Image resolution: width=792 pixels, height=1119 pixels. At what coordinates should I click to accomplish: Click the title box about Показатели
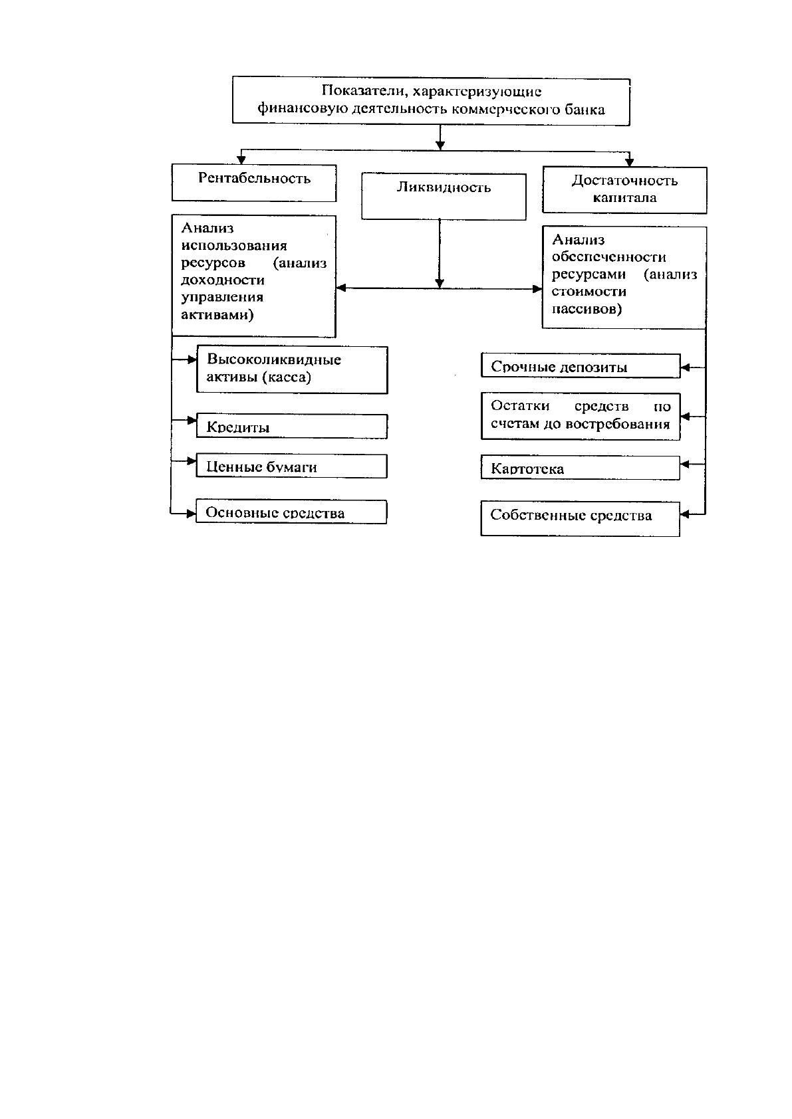coord(431,101)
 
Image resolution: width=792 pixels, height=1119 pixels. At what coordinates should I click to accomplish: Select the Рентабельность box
coord(254,183)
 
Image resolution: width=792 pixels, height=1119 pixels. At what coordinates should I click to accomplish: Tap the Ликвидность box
coord(444,196)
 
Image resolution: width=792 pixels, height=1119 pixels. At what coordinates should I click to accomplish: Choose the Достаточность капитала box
coord(624,190)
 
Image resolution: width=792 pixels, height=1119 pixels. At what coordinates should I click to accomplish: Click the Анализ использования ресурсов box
coord(253,276)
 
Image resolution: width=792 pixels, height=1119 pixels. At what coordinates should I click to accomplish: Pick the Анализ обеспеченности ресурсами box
coord(624,278)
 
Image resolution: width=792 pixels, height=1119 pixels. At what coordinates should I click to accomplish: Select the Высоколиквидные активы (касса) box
coord(292,369)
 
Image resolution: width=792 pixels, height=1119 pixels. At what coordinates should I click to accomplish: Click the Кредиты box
coord(292,426)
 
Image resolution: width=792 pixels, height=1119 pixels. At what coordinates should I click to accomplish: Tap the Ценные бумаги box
coord(291,466)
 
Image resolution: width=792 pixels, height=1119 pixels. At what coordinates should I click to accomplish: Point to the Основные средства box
coord(291,512)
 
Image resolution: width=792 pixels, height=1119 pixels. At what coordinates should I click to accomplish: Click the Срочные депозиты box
coord(581,365)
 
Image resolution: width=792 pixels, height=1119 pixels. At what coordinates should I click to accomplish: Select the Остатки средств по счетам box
coord(581,416)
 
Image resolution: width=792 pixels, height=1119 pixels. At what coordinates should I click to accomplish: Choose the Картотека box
coord(581,468)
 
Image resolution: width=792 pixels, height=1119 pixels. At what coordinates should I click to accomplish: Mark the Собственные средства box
coord(580,519)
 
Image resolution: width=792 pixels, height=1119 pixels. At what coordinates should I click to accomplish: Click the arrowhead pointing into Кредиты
coord(192,420)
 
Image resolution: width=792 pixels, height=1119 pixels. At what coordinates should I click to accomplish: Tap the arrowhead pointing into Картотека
coord(685,464)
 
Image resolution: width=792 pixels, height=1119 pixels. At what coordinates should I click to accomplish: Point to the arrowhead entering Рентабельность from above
coord(241,160)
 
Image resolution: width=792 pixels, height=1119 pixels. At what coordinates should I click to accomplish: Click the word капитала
coord(624,198)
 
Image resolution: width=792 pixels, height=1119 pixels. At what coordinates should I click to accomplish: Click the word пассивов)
coord(587,309)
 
